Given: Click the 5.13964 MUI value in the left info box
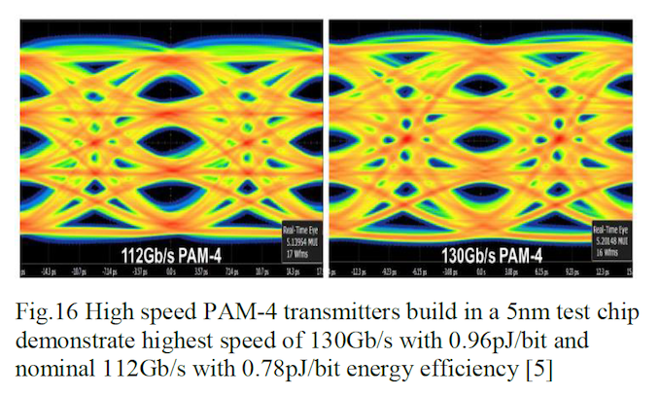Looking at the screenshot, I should click(289, 245).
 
